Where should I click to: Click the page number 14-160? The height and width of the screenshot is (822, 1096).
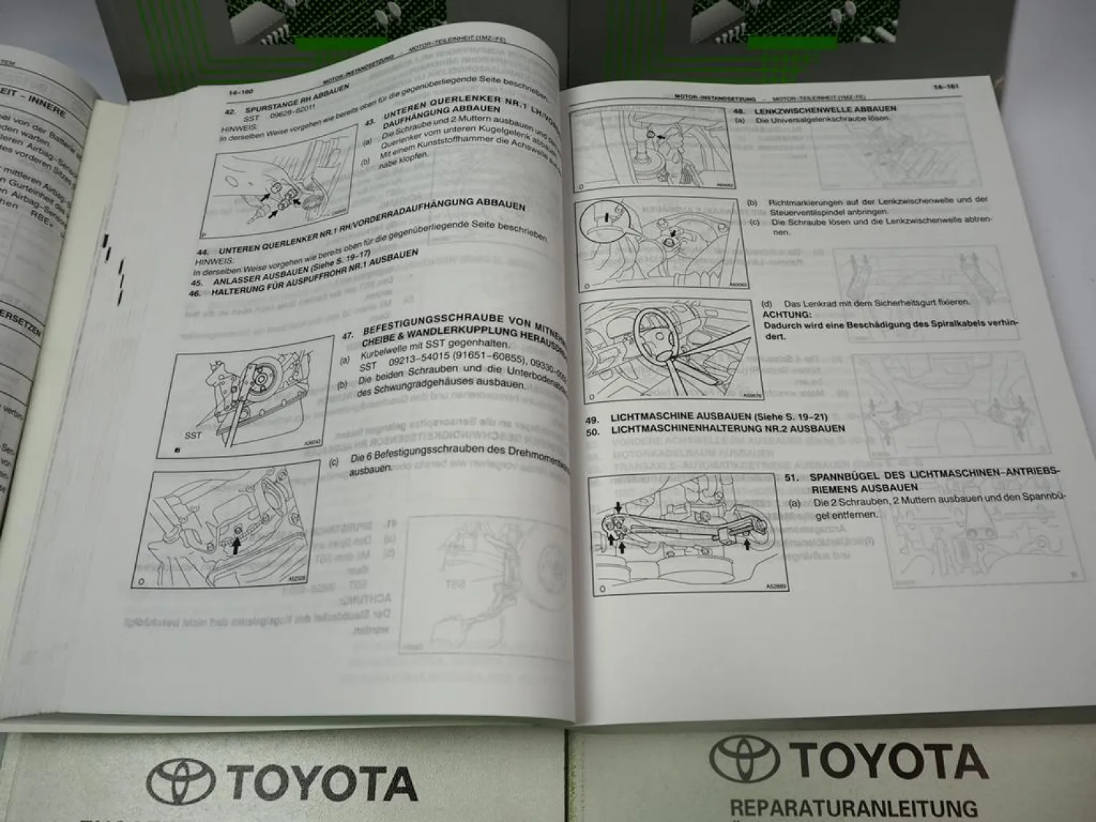click(x=240, y=92)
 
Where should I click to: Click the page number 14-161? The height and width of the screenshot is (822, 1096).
click(x=945, y=87)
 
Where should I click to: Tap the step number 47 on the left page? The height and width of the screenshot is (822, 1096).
click(x=348, y=336)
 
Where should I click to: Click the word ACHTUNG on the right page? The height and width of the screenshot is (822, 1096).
click(x=786, y=314)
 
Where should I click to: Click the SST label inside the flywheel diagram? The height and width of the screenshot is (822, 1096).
click(x=193, y=435)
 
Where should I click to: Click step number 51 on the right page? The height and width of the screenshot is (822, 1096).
click(x=789, y=477)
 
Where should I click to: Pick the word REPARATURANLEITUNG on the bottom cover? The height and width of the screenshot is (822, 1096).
click(x=853, y=808)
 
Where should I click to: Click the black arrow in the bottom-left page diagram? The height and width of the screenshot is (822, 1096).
click(x=236, y=545)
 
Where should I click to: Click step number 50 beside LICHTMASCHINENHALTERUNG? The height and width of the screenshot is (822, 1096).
click(x=593, y=431)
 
